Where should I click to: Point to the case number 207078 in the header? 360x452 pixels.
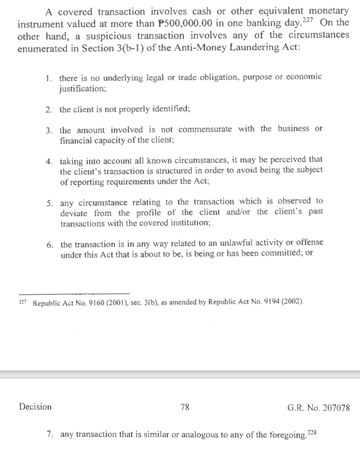point(335,408)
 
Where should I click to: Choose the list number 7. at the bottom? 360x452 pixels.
point(50,434)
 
